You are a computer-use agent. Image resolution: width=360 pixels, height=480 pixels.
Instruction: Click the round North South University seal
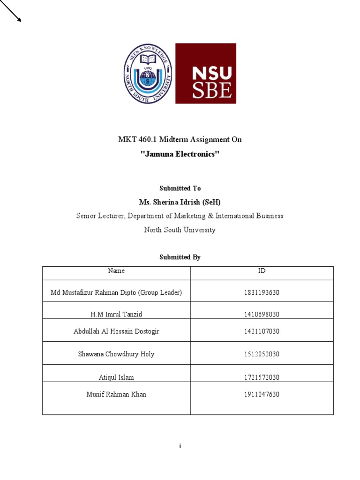148,74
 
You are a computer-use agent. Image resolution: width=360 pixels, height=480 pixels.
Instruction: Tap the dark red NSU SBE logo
205,74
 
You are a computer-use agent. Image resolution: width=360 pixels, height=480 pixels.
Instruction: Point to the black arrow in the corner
11,11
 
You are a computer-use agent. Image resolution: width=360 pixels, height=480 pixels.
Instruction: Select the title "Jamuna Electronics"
180,154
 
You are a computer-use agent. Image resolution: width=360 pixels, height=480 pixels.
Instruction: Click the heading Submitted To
180,188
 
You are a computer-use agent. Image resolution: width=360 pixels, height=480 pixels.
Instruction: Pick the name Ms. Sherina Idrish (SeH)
180,202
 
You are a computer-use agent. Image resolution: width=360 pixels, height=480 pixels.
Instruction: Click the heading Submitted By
180,257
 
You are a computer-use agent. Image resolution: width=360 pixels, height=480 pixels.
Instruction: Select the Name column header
116,271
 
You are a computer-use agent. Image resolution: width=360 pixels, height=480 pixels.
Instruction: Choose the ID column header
262,271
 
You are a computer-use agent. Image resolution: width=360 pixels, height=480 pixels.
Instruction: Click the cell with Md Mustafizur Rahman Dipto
116,293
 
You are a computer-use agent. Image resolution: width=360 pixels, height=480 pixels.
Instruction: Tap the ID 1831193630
262,293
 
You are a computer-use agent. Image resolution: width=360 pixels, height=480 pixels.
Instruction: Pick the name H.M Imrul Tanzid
116,314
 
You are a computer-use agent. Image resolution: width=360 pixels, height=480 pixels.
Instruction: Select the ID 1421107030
262,331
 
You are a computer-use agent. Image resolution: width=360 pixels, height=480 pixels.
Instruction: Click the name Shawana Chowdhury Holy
116,354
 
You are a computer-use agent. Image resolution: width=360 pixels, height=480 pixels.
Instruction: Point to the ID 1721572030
262,377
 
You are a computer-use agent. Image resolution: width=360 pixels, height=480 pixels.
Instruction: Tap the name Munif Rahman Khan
116,395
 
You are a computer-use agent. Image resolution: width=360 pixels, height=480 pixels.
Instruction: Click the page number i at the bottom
180,446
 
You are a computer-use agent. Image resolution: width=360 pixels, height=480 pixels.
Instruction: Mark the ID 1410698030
262,314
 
